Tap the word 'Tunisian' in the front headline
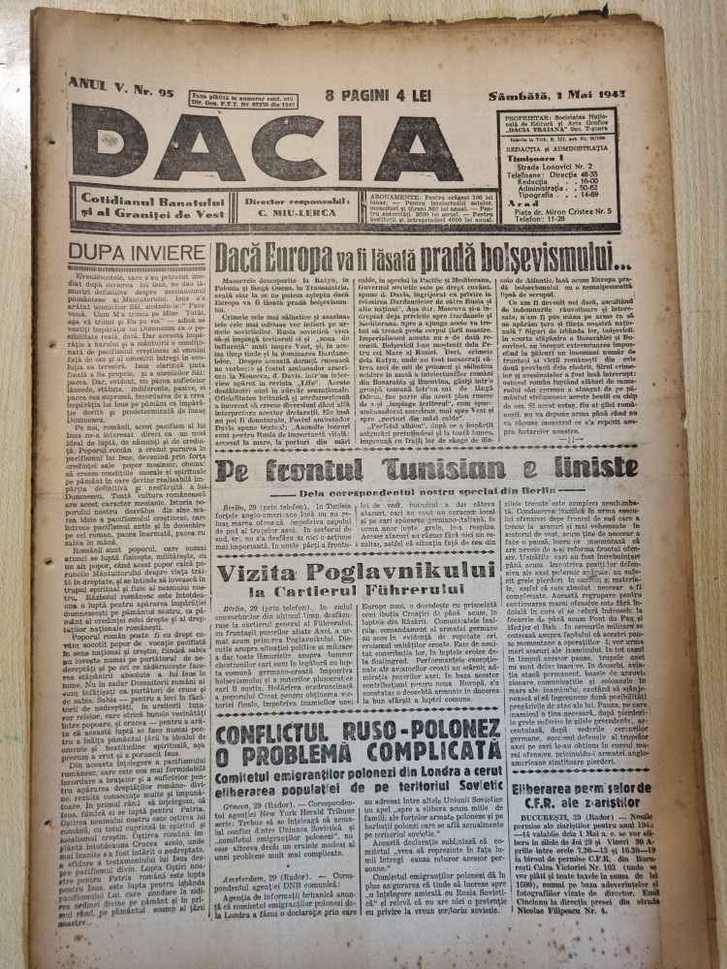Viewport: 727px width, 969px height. [x=416, y=469]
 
